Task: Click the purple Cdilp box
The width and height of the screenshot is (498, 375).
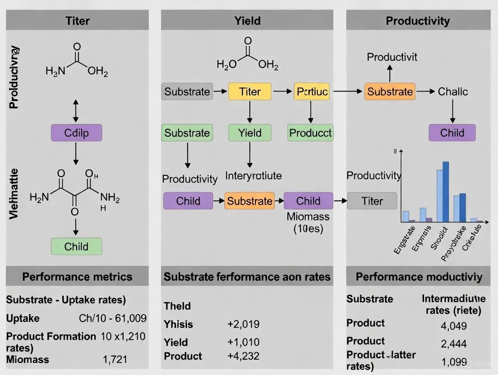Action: [76, 133]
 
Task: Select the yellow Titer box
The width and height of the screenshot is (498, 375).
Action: [249, 91]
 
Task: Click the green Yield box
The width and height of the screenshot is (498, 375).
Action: [249, 133]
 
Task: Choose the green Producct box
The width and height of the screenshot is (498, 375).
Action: [310, 133]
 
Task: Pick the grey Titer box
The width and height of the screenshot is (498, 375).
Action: [372, 201]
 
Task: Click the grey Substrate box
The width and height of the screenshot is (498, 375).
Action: [187, 91]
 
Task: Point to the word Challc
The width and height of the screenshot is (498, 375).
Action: [452, 91]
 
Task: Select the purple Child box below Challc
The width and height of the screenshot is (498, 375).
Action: [452, 133]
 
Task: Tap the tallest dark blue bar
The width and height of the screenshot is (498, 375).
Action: [446, 192]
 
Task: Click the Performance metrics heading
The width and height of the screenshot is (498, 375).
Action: [77, 276]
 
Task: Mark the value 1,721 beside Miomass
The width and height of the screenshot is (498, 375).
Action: [115, 359]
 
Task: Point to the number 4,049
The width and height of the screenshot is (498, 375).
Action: [453, 325]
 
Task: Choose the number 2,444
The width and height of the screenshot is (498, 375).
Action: [453, 344]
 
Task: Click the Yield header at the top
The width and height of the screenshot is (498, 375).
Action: [247, 20]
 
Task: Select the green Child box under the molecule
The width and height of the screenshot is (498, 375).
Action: [76, 247]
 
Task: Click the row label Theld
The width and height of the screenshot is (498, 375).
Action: [177, 306]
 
